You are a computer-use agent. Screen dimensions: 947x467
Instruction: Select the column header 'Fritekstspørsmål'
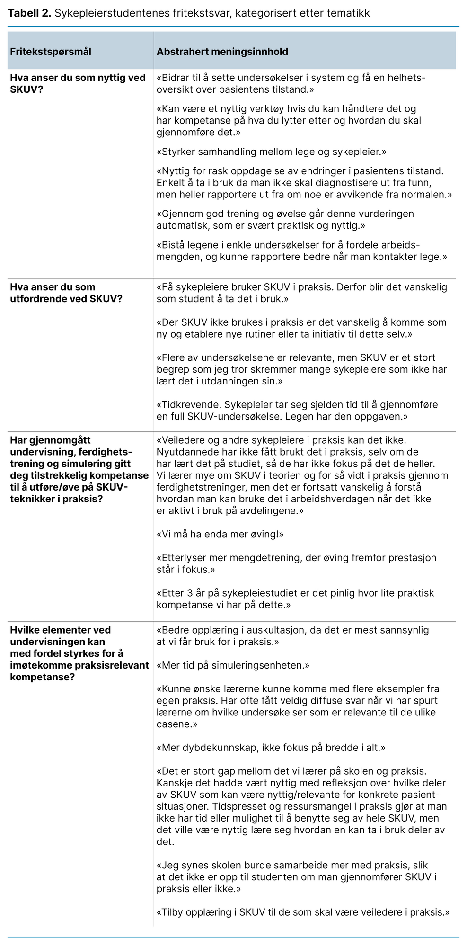(51, 52)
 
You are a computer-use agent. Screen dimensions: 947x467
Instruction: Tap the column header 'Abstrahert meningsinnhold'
(222, 52)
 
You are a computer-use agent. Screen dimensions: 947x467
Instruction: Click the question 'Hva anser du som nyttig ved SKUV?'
(78, 84)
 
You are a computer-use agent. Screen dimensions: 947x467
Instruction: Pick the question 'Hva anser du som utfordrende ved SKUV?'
(66, 293)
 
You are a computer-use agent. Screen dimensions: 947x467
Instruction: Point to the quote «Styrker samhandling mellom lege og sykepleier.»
(271, 152)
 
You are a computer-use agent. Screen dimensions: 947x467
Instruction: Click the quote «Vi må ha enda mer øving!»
(220, 534)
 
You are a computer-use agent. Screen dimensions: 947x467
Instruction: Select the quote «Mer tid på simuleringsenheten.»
(233, 665)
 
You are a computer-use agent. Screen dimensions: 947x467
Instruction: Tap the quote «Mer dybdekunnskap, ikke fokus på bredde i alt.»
(271, 748)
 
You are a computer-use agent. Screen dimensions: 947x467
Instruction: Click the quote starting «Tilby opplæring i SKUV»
(303, 912)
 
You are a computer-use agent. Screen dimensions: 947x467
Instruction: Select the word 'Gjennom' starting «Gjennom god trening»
(182, 214)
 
